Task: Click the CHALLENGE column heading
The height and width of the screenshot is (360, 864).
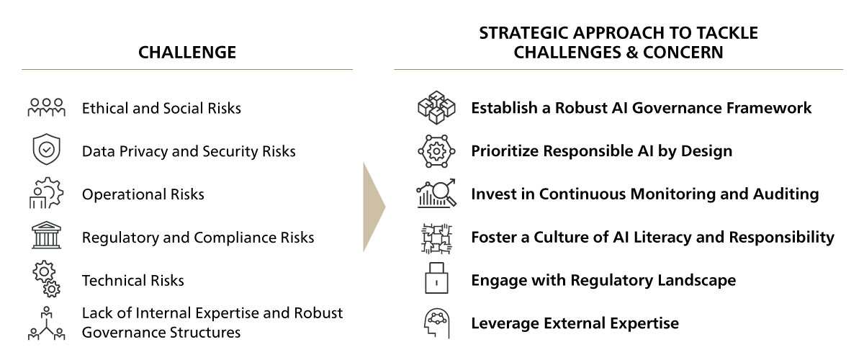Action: tap(187, 53)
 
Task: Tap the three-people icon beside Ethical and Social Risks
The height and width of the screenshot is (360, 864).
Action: tap(46, 108)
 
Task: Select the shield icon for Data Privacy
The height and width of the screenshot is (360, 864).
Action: tap(47, 149)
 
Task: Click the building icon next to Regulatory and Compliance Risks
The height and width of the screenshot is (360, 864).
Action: tap(46, 235)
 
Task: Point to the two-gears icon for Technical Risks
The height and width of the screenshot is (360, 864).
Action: tap(47, 279)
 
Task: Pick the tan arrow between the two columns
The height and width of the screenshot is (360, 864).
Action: tap(373, 207)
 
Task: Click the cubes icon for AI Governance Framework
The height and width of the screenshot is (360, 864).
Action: tap(436, 108)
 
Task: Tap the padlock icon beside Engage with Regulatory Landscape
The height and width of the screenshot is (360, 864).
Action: tap(436, 278)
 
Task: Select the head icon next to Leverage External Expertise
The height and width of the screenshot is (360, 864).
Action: tap(437, 323)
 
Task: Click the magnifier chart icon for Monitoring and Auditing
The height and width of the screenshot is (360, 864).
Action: tap(436, 193)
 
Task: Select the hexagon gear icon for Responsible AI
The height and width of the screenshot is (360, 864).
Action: tap(436, 151)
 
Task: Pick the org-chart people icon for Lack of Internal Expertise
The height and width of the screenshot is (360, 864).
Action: tap(46, 323)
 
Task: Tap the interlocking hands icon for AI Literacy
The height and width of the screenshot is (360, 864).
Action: tap(436, 238)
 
